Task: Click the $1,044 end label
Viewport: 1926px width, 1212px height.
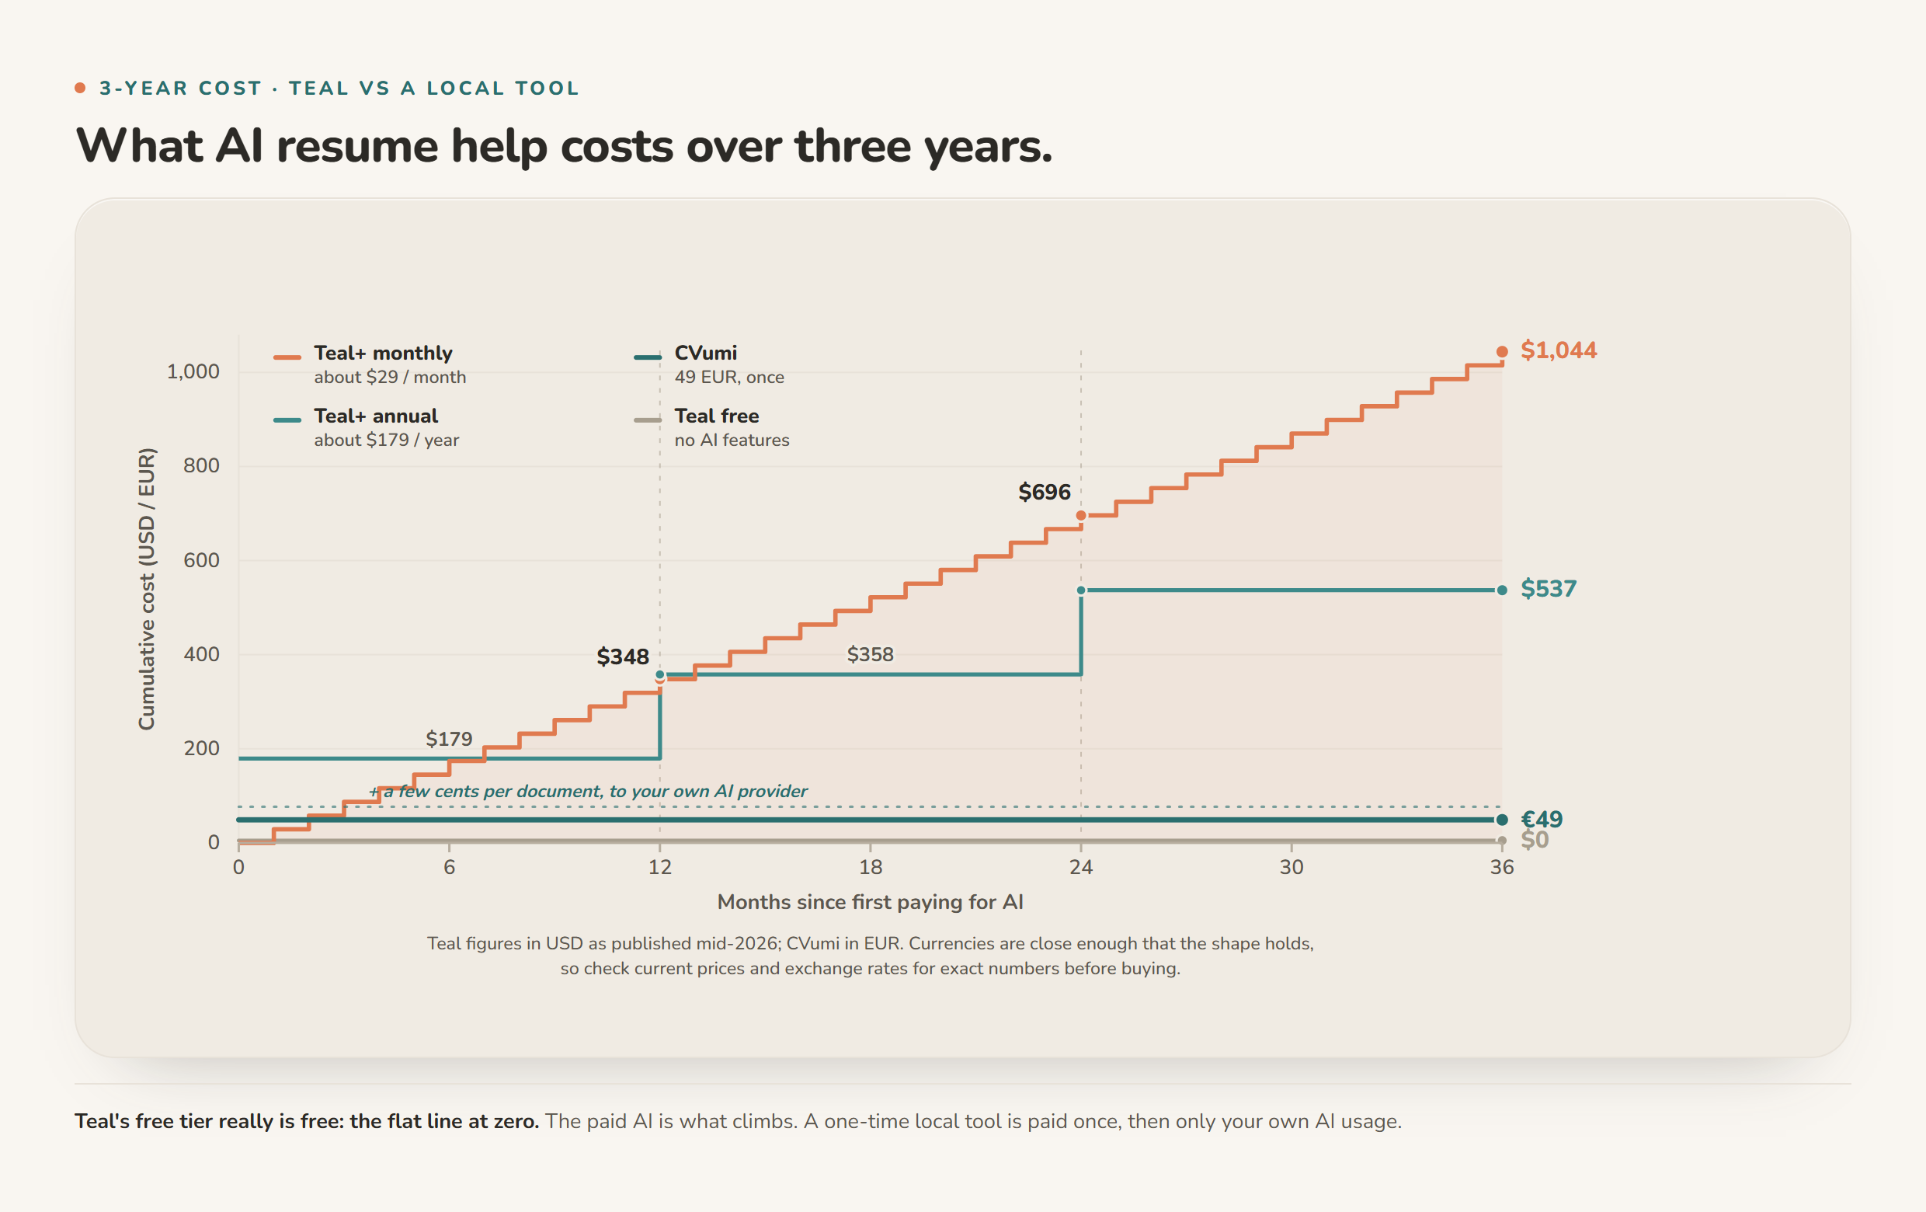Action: tap(1558, 350)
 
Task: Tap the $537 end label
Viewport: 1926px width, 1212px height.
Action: tap(1549, 589)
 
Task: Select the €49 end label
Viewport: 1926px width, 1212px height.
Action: tap(1542, 819)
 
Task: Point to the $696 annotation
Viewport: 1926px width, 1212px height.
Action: tap(1044, 492)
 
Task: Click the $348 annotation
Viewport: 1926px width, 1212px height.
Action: tap(622, 656)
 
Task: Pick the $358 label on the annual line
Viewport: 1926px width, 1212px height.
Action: tap(871, 654)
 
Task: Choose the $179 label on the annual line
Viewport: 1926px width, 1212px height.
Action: tap(449, 738)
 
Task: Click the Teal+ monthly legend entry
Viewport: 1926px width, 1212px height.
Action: tap(370, 364)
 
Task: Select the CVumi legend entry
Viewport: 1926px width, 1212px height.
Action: tap(708, 364)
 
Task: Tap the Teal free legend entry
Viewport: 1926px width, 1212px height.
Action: tap(711, 427)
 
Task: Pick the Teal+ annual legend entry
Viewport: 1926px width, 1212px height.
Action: tap(367, 427)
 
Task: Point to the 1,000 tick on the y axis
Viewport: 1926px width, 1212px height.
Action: tap(193, 371)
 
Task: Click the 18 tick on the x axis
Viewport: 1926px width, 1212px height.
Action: tap(871, 867)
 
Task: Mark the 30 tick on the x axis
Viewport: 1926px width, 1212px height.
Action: tap(1292, 867)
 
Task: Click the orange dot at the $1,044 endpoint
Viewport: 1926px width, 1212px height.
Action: tap(1502, 352)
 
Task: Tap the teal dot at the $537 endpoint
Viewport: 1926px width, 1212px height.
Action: tap(1502, 590)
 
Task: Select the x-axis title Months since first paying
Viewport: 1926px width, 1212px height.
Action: tap(871, 903)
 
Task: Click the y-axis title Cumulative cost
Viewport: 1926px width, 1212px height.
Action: tap(146, 588)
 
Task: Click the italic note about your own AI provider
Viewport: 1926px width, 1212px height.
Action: tap(588, 791)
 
